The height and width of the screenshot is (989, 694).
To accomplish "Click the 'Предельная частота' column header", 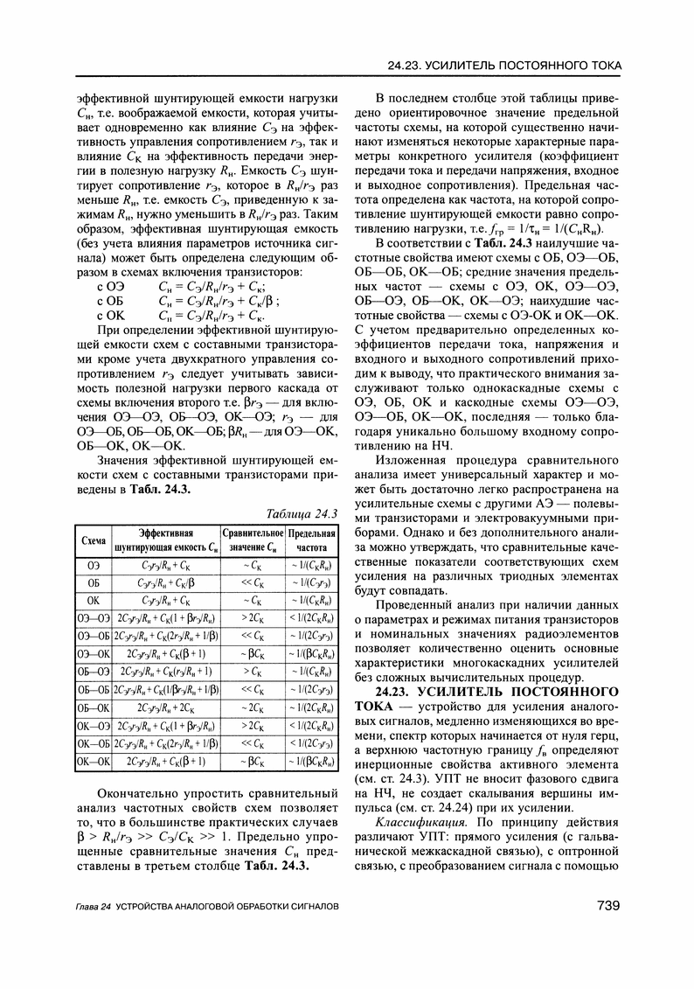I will coord(308,540).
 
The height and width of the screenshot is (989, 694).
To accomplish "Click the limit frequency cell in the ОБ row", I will coord(308,582).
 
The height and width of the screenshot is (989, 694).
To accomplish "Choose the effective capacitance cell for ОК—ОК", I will coord(166,761).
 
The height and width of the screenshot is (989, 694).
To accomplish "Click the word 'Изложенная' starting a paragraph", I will coord(413,460).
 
